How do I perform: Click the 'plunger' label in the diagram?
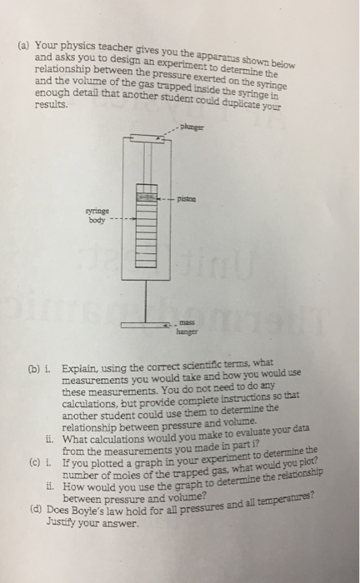pyautogui.click(x=191, y=129)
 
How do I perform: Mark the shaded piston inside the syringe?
pyautogui.click(x=147, y=200)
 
